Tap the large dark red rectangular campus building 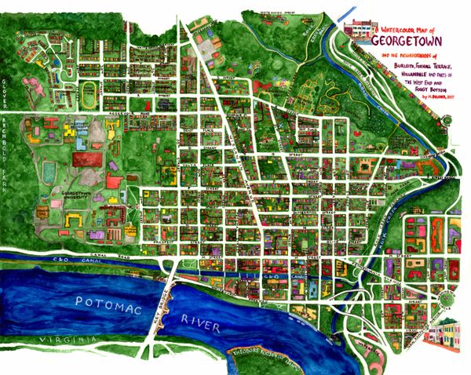click(86, 159)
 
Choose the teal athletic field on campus click(48, 169)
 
